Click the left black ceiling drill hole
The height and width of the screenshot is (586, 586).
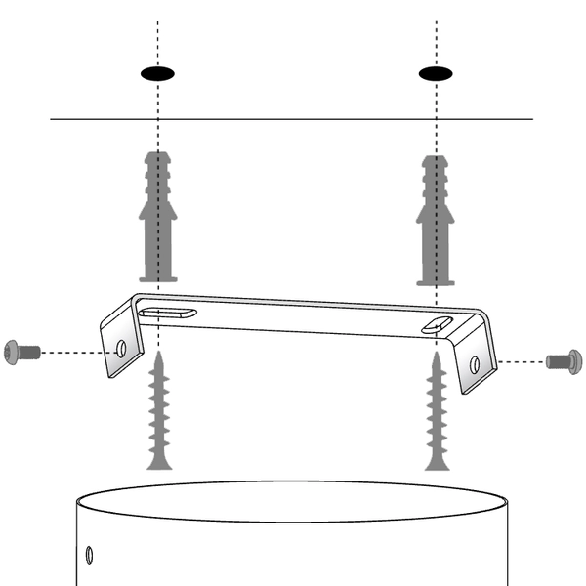(157, 73)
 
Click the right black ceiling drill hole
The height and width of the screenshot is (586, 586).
(436, 73)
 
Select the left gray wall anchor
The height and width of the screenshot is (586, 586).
(156, 216)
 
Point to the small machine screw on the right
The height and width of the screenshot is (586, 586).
(565, 361)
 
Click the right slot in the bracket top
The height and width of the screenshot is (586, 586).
(437, 325)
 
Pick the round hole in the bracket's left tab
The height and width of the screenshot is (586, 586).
(121, 347)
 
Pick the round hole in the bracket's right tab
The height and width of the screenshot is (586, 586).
(474, 364)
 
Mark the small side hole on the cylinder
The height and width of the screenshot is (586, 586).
(89, 555)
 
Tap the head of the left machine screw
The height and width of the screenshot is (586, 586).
(13, 350)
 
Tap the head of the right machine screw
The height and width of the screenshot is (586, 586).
(574, 361)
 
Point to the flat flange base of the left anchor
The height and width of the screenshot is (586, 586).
(156, 279)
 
